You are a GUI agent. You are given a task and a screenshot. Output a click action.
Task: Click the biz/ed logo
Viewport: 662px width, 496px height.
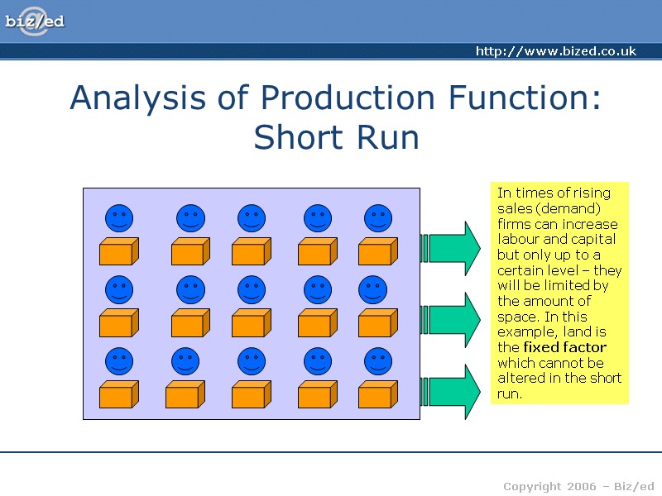coord(34,22)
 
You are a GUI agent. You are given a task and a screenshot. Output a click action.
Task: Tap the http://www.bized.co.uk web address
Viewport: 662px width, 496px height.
coord(555,51)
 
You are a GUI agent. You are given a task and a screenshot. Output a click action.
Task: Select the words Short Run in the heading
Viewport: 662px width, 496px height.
coord(336,137)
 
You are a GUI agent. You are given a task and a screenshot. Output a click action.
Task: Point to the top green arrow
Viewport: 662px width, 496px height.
coord(452,248)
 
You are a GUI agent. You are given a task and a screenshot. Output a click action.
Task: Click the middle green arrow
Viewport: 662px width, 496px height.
coord(452,320)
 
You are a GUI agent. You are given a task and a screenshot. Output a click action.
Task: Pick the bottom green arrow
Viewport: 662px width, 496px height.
coord(452,391)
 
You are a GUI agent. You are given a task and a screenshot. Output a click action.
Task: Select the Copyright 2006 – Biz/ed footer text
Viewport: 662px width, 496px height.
coord(578,485)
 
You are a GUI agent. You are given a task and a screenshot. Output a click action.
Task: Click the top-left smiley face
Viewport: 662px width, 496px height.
coord(119,219)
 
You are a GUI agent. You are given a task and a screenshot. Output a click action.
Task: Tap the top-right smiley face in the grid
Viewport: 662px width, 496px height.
coord(378,219)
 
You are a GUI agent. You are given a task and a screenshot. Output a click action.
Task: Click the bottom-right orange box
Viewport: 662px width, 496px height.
coord(377,394)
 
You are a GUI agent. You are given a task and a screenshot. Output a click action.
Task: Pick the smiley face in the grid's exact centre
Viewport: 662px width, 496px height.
coord(252,290)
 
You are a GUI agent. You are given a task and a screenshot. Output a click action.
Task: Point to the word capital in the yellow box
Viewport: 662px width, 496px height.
coord(593,240)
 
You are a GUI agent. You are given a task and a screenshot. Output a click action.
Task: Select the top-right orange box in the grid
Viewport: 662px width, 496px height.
coord(377,251)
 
